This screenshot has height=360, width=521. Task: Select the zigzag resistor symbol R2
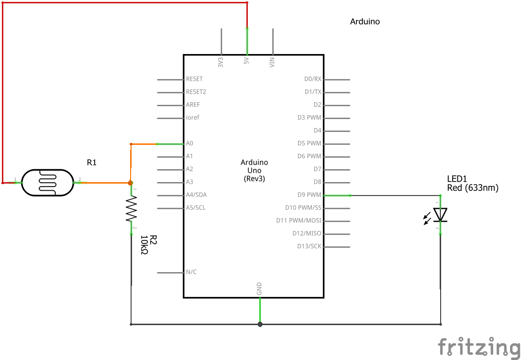(x=131, y=209)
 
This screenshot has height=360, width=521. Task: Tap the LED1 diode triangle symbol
(x=440, y=215)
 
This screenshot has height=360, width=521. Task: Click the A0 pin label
(x=189, y=143)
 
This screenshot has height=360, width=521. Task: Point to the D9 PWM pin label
(x=309, y=195)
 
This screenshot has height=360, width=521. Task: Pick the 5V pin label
(x=246, y=62)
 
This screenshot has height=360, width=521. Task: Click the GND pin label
(x=259, y=288)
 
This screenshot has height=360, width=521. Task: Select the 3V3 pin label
(x=221, y=62)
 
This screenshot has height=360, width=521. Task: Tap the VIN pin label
(x=272, y=62)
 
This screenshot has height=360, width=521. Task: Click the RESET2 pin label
(x=196, y=92)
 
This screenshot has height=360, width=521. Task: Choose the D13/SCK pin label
(x=309, y=246)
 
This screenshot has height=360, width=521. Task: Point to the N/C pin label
(x=191, y=272)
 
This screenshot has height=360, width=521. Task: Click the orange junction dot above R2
(x=131, y=183)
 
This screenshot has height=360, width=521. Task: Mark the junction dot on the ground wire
(x=260, y=324)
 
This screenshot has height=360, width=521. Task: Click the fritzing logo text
(x=479, y=347)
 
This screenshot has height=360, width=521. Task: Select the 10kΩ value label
(x=144, y=245)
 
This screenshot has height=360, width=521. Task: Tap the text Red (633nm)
(x=473, y=188)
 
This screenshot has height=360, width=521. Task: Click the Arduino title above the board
(x=365, y=22)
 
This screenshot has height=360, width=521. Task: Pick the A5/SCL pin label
(x=196, y=208)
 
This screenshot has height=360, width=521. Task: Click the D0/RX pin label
(x=313, y=79)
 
